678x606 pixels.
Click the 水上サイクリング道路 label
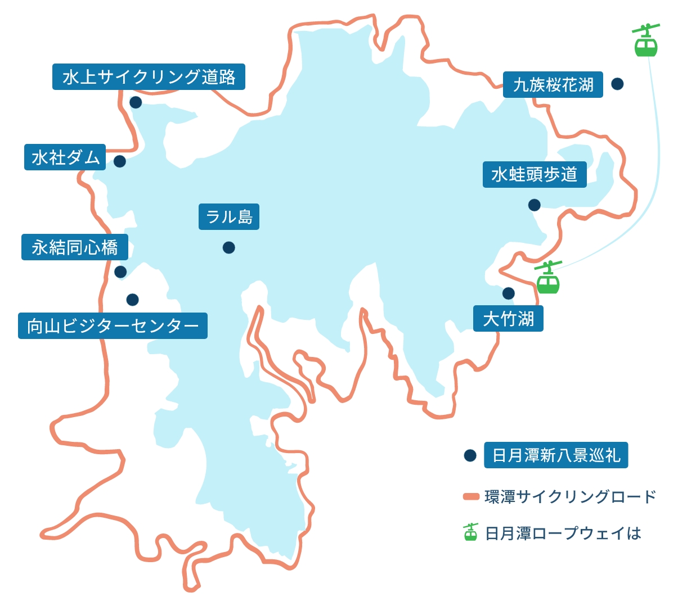click(x=149, y=77)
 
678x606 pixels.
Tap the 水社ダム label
click(x=65, y=157)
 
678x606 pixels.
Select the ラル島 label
click(x=229, y=216)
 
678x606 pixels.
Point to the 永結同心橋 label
click(x=75, y=247)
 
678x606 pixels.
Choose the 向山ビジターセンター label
click(x=113, y=326)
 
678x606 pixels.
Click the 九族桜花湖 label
click(x=553, y=85)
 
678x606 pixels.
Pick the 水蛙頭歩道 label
click(x=534, y=174)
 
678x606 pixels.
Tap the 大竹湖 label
click(x=508, y=319)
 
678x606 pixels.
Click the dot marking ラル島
click(x=228, y=247)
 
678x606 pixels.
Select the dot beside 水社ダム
click(x=119, y=161)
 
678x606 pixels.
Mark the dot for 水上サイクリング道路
click(x=136, y=102)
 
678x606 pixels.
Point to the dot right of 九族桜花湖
click(x=617, y=84)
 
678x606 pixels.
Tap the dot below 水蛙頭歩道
click(x=534, y=205)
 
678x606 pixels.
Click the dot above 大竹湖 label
click(x=508, y=293)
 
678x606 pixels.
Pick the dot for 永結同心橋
click(x=120, y=272)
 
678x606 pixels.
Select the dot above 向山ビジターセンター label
click(x=132, y=300)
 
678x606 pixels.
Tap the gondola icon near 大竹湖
click(x=547, y=279)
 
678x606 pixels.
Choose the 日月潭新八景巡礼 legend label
click(x=556, y=455)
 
